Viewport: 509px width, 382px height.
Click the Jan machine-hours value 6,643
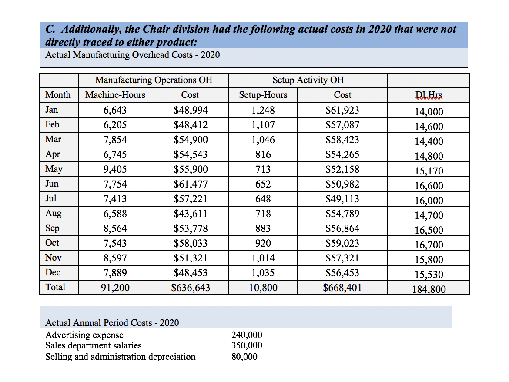(x=115, y=110)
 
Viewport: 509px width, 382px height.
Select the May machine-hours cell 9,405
(x=115, y=169)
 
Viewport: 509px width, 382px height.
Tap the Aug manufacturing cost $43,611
(x=191, y=214)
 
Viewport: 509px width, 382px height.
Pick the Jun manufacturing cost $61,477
(x=191, y=184)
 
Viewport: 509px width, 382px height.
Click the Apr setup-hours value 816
(x=263, y=154)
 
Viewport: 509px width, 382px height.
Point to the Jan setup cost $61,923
(x=342, y=110)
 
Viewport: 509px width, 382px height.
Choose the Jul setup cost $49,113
(x=342, y=199)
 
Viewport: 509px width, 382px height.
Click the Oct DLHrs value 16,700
(x=429, y=245)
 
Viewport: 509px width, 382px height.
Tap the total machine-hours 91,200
(x=115, y=288)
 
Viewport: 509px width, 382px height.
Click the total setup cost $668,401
(x=342, y=288)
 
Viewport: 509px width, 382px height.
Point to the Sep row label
(x=52, y=228)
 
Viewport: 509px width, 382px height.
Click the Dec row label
(x=53, y=273)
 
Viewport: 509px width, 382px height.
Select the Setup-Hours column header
(x=263, y=95)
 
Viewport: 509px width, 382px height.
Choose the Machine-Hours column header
(x=115, y=95)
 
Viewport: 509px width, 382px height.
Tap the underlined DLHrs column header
(x=429, y=95)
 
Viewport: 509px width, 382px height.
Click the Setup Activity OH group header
(x=308, y=80)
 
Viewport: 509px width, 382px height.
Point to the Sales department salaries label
(x=93, y=345)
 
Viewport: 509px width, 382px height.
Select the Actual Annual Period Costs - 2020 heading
(x=112, y=323)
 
